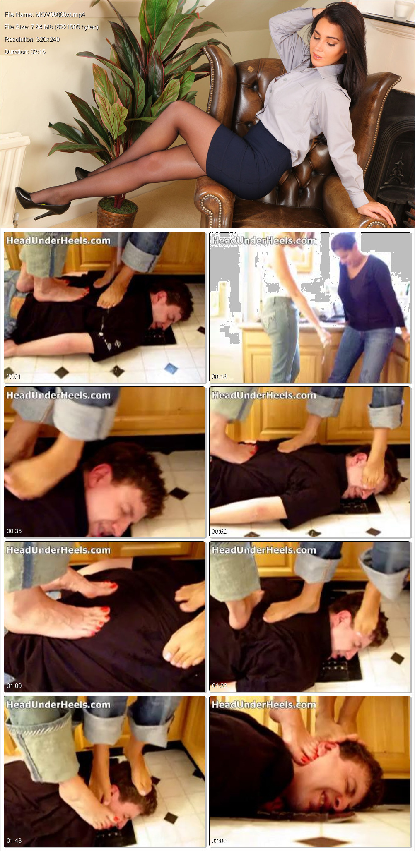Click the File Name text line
coord(45,14)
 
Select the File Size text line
coord(51,27)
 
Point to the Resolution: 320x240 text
coord(32,39)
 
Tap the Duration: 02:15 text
coord(25,52)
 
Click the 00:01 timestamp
coord(14,376)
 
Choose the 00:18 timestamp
coord(219,376)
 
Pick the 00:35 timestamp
coord(14,531)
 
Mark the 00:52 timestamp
coord(219,531)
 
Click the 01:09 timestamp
coord(14,686)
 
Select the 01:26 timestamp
coord(219,686)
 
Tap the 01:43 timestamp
coord(14,840)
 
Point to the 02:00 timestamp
coord(219,840)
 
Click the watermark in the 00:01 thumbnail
coord(58,240)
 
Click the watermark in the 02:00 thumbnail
coord(264,705)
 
